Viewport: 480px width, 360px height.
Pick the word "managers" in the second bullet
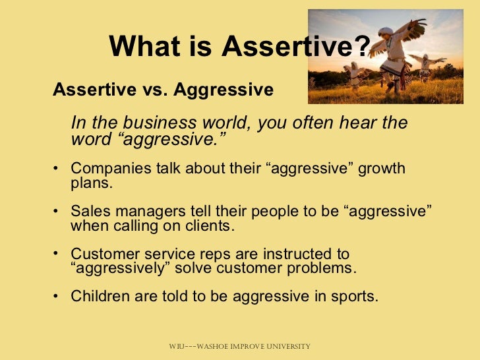(x=141, y=212)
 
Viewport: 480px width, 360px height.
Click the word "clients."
(x=208, y=226)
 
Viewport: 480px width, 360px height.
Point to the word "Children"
(x=98, y=297)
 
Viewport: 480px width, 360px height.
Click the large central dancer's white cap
(x=385, y=32)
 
